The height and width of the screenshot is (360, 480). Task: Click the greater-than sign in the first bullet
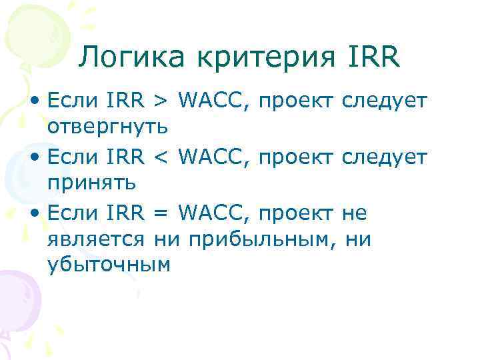(161, 101)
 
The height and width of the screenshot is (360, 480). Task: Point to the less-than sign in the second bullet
(161, 158)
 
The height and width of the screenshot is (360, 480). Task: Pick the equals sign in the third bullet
(161, 214)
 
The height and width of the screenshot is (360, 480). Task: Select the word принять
(92, 182)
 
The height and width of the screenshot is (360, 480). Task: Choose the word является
(98, 239)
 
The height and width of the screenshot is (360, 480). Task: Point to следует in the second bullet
(383, 158)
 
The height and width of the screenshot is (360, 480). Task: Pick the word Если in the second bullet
(71, 158)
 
